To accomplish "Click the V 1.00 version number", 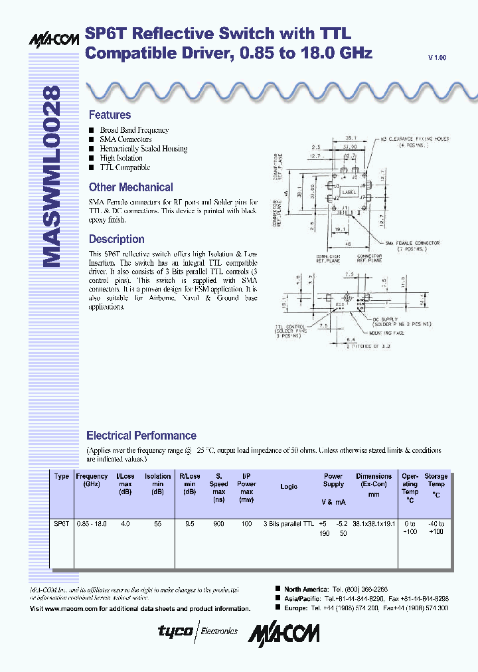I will pyautogui.click(x=437, y=58).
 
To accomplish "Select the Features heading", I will pyautogui.click(x=110, y=115).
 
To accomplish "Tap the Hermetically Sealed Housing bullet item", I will pyautogui.click(x=143, y=149).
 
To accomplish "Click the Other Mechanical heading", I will pyautogui.click(x=131, y=187).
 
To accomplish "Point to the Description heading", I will pyautogui.click(x=116, y=239).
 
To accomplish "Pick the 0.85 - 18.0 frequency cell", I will pyautogui.click(x=92, y=524).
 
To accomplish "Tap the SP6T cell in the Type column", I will pyautogui.click(x=62, y=524).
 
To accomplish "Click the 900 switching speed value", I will pyautogui.click(x=218, y=524).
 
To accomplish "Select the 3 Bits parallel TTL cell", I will pyautogui.click(x=289, y=524).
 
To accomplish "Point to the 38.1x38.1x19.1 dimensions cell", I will pyautogui.click(x=374, y=524).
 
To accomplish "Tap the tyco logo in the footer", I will pyautogui.click(x=175, y=631).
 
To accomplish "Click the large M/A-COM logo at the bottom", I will pyautogui.click(x=283, y=633).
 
